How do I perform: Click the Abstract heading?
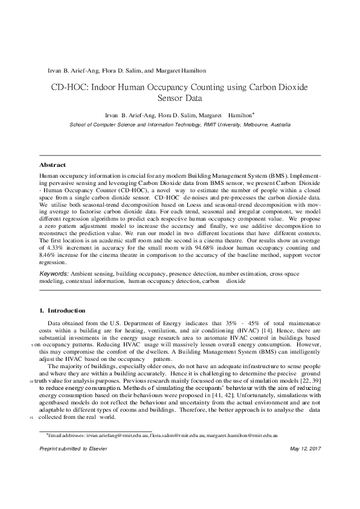(53, 164)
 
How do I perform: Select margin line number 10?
(31, 382)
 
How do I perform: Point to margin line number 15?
(31, 417)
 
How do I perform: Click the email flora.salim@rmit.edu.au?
(179, 435)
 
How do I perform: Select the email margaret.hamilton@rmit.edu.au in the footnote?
(243, 435)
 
